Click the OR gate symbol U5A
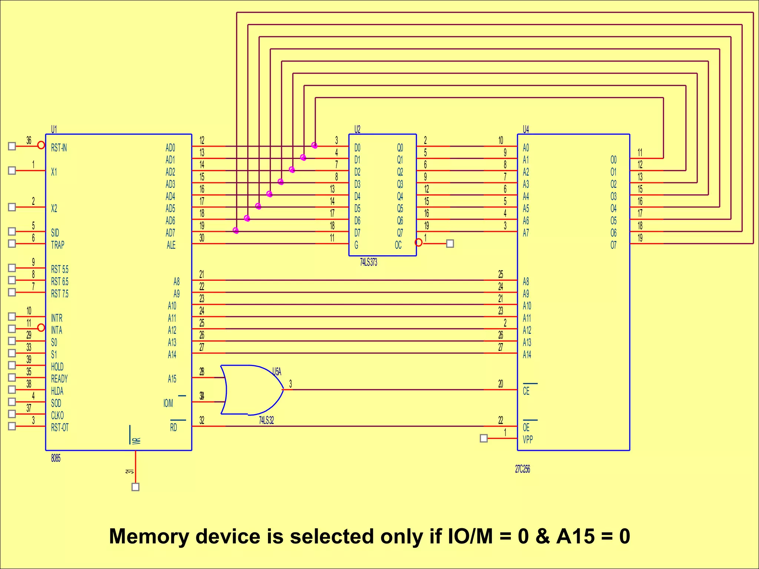point(252,390)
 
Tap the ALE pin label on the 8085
point(171,245)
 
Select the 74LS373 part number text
point(368,263)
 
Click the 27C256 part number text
point(522,469)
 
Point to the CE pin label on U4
point(526,391)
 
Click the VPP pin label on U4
point(527,440)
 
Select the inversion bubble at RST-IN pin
point(41,145)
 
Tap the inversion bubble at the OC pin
point(418,243)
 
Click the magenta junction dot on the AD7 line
point(236,231)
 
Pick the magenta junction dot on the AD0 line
point(314,145)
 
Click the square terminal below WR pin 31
point(136,487)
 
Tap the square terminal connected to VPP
point(484,439)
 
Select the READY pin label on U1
point(59,379)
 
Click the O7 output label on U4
point(613,245)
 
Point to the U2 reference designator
point(357,129)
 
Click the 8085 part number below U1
point(56,459)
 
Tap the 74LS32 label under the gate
point(266,420)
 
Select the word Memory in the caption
point(149,536)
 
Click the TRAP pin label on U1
point(57,245)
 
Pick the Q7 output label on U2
point(400,233)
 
